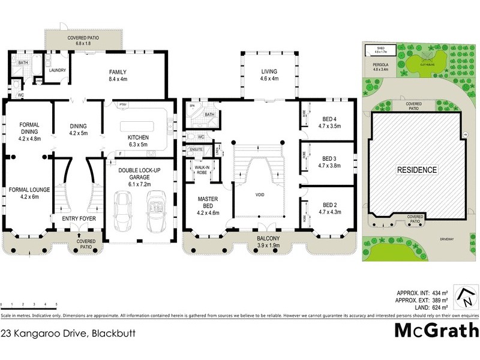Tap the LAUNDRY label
tap(58, 70)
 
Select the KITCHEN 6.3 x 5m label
tap(138, 140)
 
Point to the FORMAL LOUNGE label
tap(25, 193)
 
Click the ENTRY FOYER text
tap(79, 218)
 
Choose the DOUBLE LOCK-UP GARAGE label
tap(137, 173)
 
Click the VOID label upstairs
tap(259, 194)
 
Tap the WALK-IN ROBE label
tap(202, 169)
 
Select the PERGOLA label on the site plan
tap(382, 67)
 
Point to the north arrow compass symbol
tap(466, 295)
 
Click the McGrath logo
tap(436, 331)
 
